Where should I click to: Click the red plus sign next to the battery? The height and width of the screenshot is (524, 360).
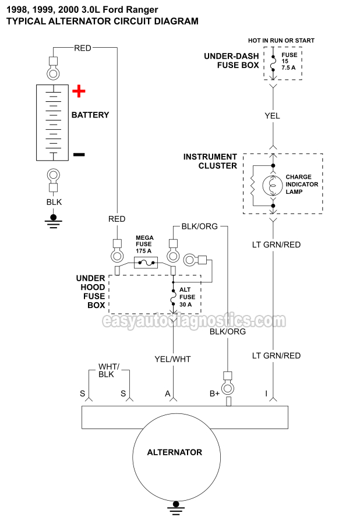[79, 91]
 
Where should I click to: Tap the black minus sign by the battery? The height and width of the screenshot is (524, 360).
[79, 154]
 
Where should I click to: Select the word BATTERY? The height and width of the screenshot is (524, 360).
[90, 115]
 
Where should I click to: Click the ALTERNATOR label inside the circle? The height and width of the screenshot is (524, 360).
[174, 452]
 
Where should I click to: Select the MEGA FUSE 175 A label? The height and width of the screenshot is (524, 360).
[144, 245]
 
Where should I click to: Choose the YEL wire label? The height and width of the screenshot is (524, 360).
[272, 116]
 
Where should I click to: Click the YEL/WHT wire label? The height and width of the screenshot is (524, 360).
[172, 359]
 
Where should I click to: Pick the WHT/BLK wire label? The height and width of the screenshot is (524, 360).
[108, 370]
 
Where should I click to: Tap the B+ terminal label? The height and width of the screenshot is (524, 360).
[215, 394]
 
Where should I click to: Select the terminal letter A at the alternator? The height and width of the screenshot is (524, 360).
[168, 394]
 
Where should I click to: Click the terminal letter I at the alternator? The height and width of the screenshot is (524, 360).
[266, 394]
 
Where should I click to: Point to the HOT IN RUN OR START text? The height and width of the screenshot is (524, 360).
[281, 41]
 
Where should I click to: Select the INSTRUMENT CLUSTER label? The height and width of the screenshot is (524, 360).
[210, 161]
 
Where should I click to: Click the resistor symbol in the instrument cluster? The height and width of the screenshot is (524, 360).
[253, 186]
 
